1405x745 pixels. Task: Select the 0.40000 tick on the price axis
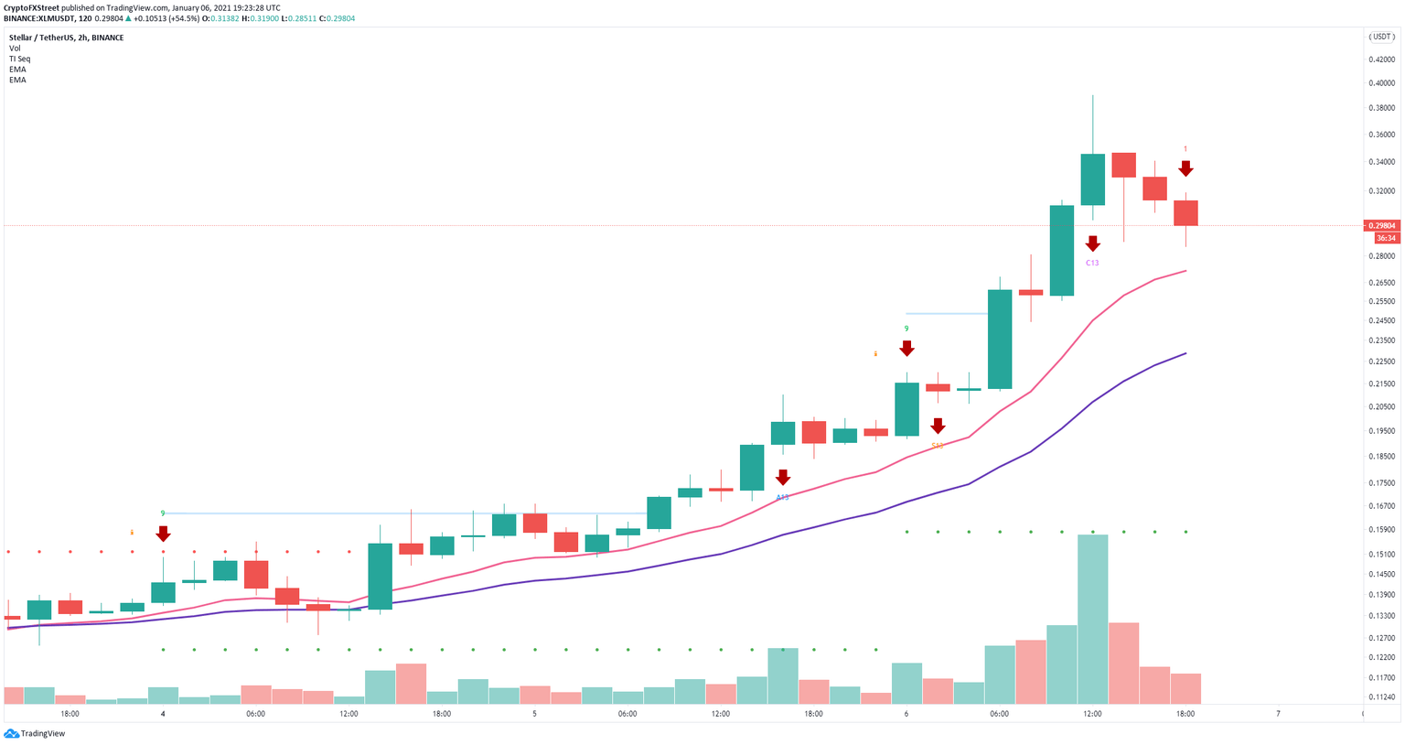[x=1381, y=83]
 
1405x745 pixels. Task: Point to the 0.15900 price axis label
[x=1381, y=530]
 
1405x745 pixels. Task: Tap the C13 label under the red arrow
[x=1092, y=263]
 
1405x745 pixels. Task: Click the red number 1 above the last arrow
[x=1185, y=149]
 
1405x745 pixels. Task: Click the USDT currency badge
[x=1380, y=37]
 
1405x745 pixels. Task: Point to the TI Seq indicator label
[x=19, y=59]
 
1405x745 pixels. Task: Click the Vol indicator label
[x=15, y=49]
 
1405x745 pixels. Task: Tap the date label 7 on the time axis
[x=1278, y=714]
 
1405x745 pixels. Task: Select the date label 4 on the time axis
[x=163, y=714]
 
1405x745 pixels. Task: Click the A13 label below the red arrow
[x=783, y=497]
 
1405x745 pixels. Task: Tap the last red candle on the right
[x=1185, y=212]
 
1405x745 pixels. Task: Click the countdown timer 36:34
[x=1386, y=238]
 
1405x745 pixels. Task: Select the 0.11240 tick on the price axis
[x=1381, y=696]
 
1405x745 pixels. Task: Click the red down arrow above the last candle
[x=1185, y=168]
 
